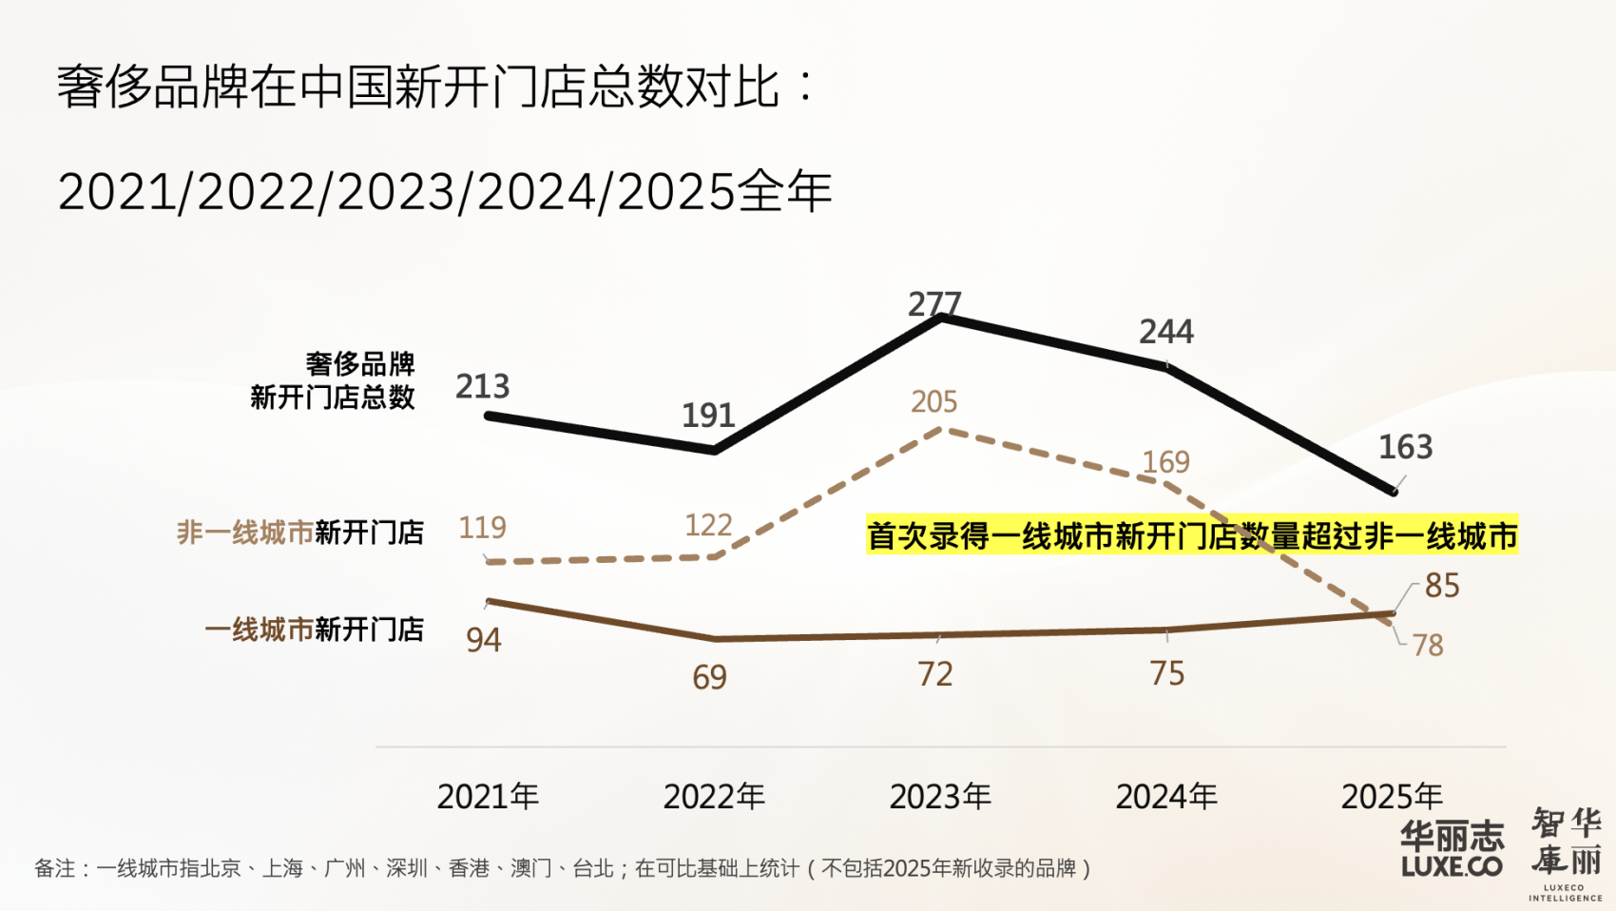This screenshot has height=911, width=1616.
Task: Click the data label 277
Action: (x=934, y=304)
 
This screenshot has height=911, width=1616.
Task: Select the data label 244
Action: (x=1166, y=332)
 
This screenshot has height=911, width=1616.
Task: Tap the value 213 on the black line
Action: (x=483, y=387)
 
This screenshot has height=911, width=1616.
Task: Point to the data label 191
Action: (x=708, y=416)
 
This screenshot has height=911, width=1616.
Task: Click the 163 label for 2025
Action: (x=1405, y=447)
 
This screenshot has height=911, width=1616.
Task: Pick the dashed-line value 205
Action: (x=933, y=401)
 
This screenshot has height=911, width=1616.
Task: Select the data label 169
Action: (x=1165, y=462)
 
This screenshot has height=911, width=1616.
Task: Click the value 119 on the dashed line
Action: (x=483, y=528)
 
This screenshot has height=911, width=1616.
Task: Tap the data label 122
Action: (x=708, y=525)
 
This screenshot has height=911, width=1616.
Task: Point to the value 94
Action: (x=484, y=640)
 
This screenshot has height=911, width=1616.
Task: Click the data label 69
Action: (x=709, y=677)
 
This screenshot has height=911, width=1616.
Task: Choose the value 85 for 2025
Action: (x=1442, y=586)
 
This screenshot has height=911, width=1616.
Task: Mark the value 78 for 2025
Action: (x=1428, y=646)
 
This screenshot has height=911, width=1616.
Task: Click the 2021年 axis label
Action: (x=488, y=797)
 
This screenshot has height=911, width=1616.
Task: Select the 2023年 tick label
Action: (x=940, y=797)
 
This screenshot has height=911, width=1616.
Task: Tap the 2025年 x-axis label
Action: (x=1392, y=797)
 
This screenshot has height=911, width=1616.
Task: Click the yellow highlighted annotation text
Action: (x=1191, y=535)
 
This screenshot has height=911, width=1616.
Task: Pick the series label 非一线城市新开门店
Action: (x=300, y=533)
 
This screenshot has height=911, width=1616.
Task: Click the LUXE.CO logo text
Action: (x=1452, y=866)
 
